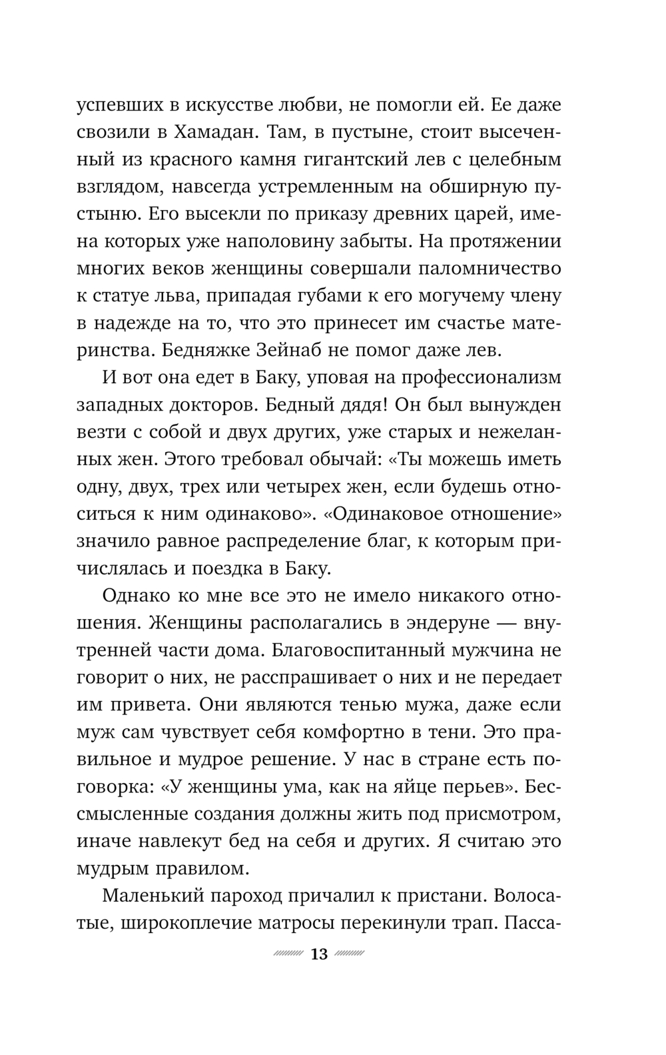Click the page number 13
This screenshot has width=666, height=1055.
point(319,954)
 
